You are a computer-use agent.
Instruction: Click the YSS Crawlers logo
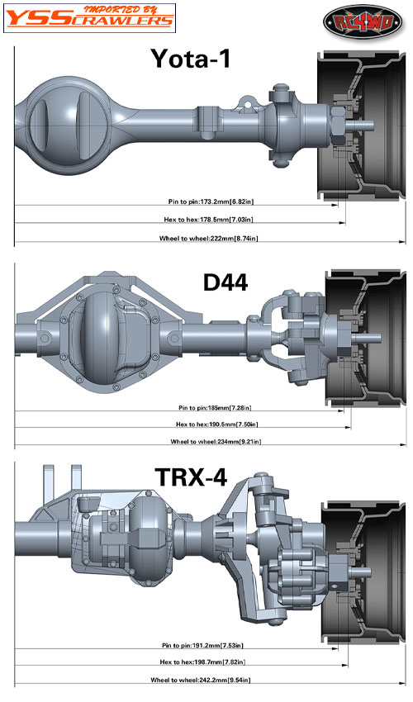pos(89,18)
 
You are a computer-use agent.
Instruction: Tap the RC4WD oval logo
pos(363,21)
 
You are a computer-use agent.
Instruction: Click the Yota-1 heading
pos(190,59)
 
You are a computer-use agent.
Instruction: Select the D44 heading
pos(225,282)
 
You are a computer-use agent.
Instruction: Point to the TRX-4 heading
pos(191,477)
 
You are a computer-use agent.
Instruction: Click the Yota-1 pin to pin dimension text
pos(211,202)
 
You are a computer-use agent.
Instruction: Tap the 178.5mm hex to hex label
pos(208,220)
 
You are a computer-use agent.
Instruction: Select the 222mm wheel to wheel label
pos(208,238)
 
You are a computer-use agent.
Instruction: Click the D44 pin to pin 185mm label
pos(215,407)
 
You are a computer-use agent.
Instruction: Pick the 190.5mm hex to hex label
pos(216,424)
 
